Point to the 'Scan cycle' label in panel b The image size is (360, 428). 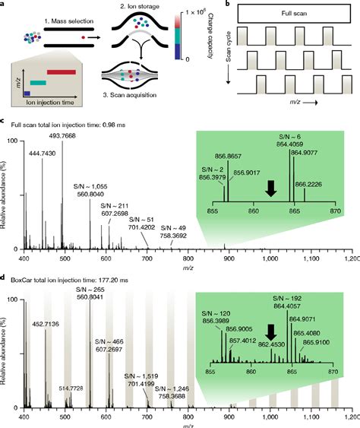pyautogui.click(x=228, y=65)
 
